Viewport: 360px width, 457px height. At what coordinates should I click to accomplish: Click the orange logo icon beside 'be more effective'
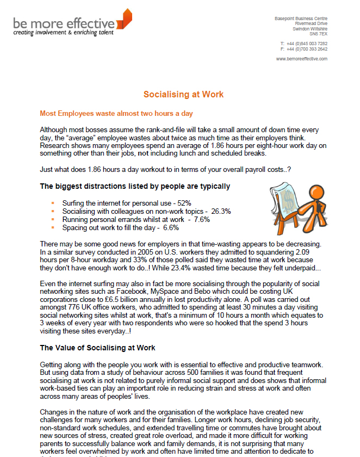(125, 20)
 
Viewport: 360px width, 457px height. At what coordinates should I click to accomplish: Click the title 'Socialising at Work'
(183, 94)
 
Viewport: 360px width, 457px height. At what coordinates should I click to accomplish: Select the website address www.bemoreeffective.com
(301, 59)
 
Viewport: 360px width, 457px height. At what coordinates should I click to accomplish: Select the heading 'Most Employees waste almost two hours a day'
(116, 114)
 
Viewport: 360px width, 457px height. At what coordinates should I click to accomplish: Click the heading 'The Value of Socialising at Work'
(97, 348)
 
